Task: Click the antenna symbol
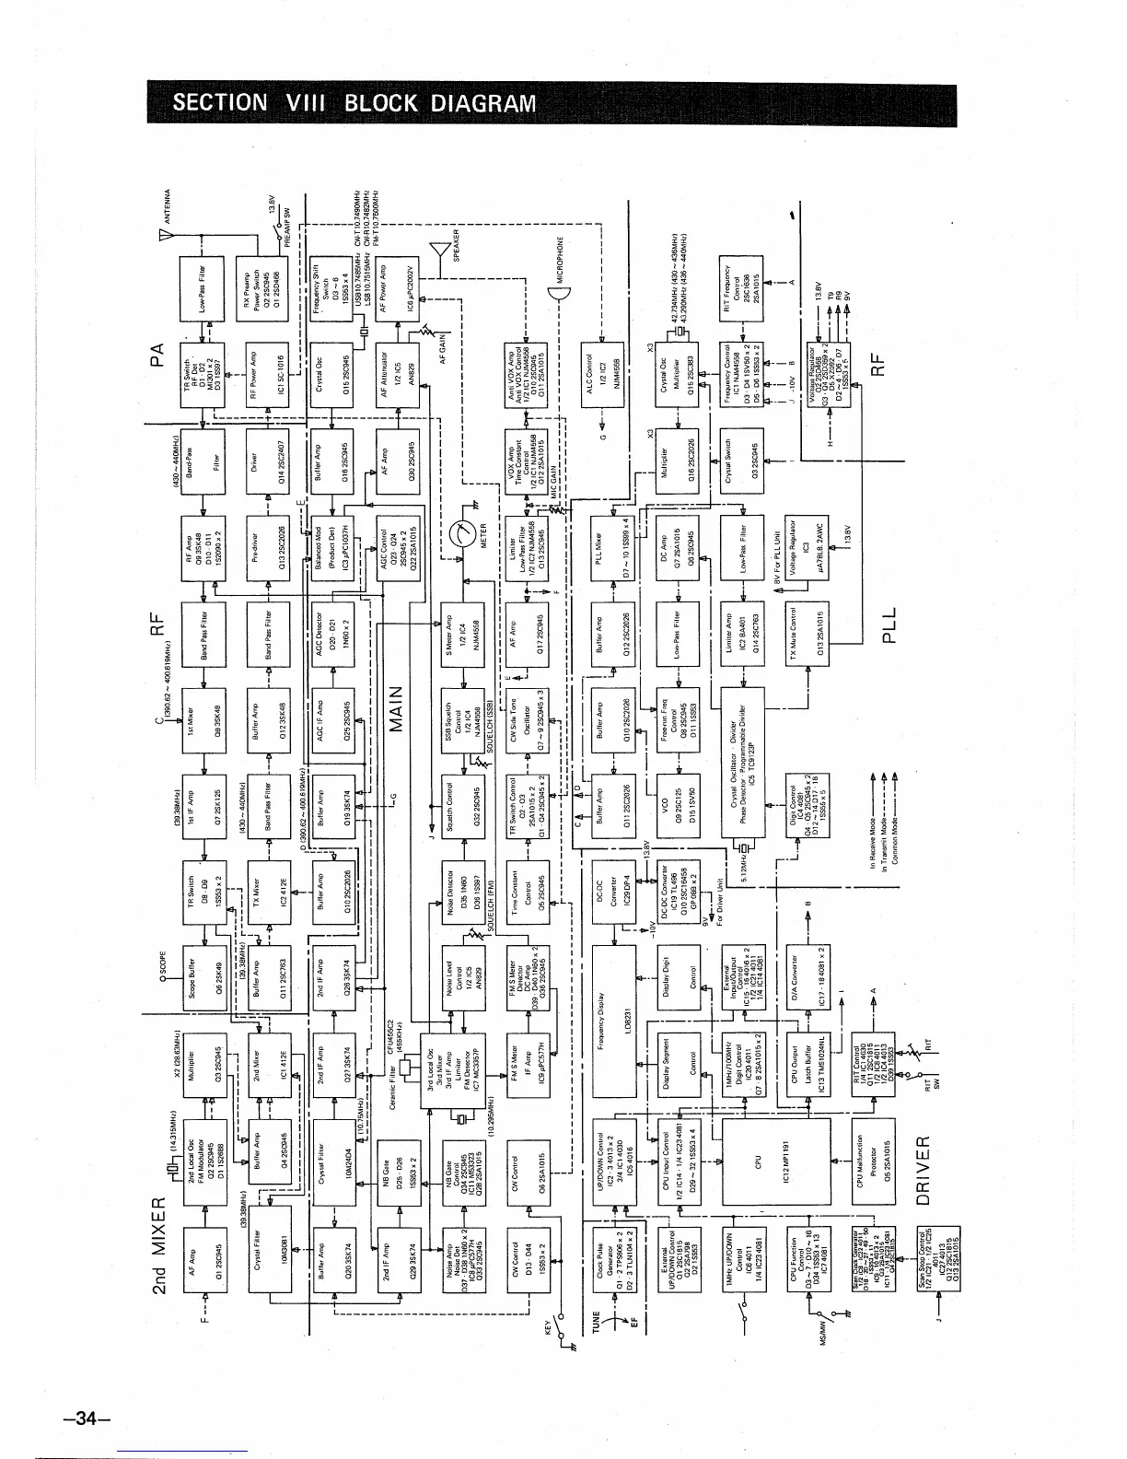tap(166, 237)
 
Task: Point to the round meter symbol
tap(469, 533)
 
